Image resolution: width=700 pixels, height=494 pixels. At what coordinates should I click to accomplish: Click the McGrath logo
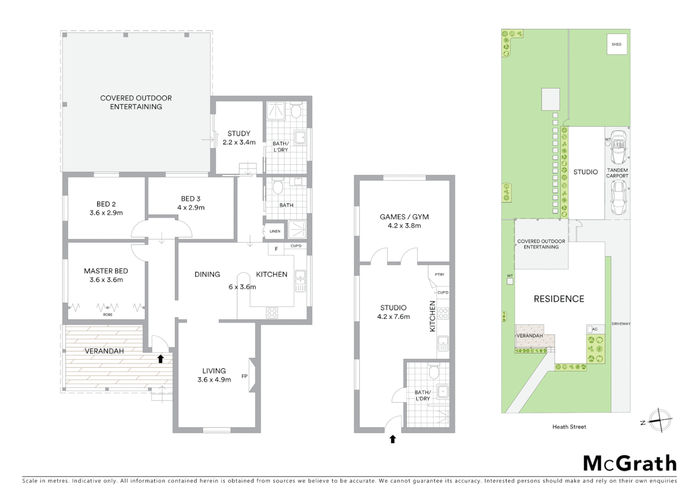pyautogui.click(x=629, y=463)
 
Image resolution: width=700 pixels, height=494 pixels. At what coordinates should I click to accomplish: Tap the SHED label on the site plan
pyautogui.click(x=617, y=44)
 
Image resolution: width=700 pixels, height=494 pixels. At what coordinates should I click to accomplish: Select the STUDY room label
pyautogui.click(x=239, y=134)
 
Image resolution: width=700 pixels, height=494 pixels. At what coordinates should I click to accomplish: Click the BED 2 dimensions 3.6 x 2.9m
pyautogui.click(x=106, y=213)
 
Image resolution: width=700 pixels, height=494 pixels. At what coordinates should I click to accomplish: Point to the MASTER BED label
pyautogui.click(x=106, y=271)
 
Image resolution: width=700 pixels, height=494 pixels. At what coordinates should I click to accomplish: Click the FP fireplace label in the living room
pyautogui.click(x=245, y=376)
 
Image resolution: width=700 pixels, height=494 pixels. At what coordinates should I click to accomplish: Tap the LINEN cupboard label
pyautogui.click(x=275, y=231)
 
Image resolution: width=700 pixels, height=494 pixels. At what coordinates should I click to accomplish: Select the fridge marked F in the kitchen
pyautogui.click(x=276, y=249)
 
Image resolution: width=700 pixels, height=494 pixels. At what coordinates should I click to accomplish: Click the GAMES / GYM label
pyautogui.click(x=404, y=217)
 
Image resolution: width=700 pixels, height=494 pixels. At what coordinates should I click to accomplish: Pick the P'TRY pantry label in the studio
pyautogui.click(x=439, y=274)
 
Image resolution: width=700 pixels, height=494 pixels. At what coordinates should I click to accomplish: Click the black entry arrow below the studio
pyautogui.click(x=393, y=439)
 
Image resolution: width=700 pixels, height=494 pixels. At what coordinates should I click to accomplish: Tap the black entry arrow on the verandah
pyautogui.click(x=160, y=359)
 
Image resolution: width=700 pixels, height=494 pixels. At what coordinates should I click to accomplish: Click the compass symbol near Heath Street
pyautogui.click(x=660, y=420)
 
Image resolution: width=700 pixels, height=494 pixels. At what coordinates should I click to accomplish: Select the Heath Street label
pyautogui.click(x=569, y=427)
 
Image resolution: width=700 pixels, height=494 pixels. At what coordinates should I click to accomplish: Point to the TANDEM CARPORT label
pyautogui.click(x=617, y=173)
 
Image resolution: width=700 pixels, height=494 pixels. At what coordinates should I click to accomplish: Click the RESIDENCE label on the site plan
pyautogui.click(x=559, y=299)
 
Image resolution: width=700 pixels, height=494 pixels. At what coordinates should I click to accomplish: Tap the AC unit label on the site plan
pyautogui.click(x=595, y=329)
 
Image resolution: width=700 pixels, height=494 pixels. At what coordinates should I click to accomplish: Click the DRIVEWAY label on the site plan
pyautogui.click(x=621, y=324)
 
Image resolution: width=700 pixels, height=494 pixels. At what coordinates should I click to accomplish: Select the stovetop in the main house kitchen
pyautogui.click(x=272, y=313)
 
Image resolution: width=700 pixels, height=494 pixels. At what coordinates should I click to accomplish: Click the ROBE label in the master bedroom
pyautogui.click(x=108, y=315)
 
